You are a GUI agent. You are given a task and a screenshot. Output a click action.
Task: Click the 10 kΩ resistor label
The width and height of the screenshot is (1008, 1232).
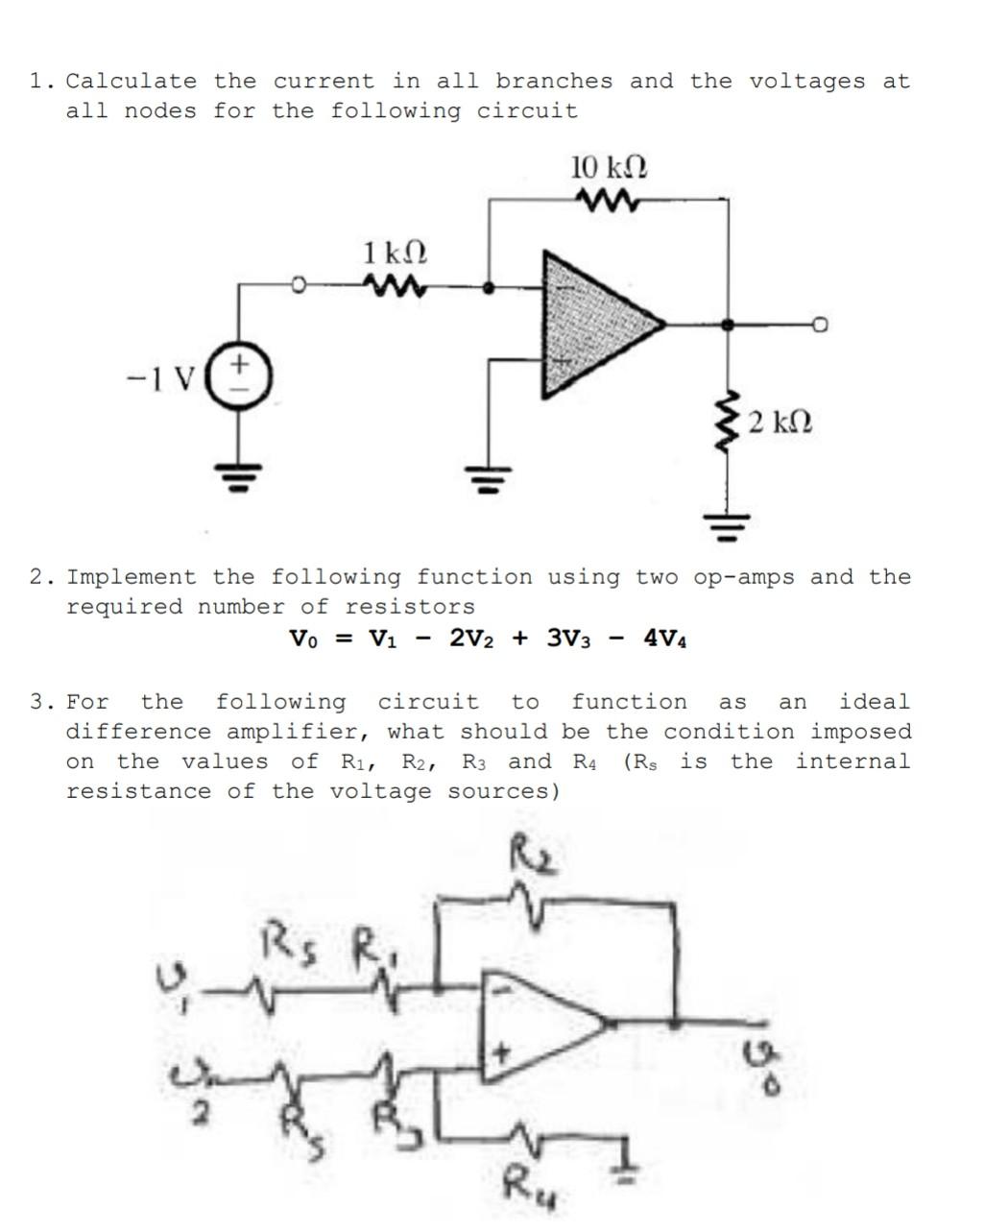pos(609,168)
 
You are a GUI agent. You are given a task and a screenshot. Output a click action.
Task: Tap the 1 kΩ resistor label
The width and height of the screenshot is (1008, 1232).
pos(395,254)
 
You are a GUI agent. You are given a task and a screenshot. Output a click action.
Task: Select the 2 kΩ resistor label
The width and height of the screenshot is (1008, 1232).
pos(780,422)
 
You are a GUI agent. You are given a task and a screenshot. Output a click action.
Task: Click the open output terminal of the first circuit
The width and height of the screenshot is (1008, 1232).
pos(820,326)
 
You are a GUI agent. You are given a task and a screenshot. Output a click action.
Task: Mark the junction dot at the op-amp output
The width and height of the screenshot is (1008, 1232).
pos(729,326)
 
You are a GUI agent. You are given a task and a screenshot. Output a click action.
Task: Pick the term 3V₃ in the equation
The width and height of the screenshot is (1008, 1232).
pos(571,639)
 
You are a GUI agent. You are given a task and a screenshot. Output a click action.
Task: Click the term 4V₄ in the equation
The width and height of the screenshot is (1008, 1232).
pos(665,639)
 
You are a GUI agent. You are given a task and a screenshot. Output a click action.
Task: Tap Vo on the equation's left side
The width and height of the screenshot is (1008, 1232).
pos(306,639)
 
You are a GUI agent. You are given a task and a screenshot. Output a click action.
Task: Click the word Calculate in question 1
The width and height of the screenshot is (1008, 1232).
pos(131,82)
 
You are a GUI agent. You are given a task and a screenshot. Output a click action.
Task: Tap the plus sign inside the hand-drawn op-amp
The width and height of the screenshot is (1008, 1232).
pos(500,1053)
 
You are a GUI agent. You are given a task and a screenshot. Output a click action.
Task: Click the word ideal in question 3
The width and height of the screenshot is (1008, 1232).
pos(874,702)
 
